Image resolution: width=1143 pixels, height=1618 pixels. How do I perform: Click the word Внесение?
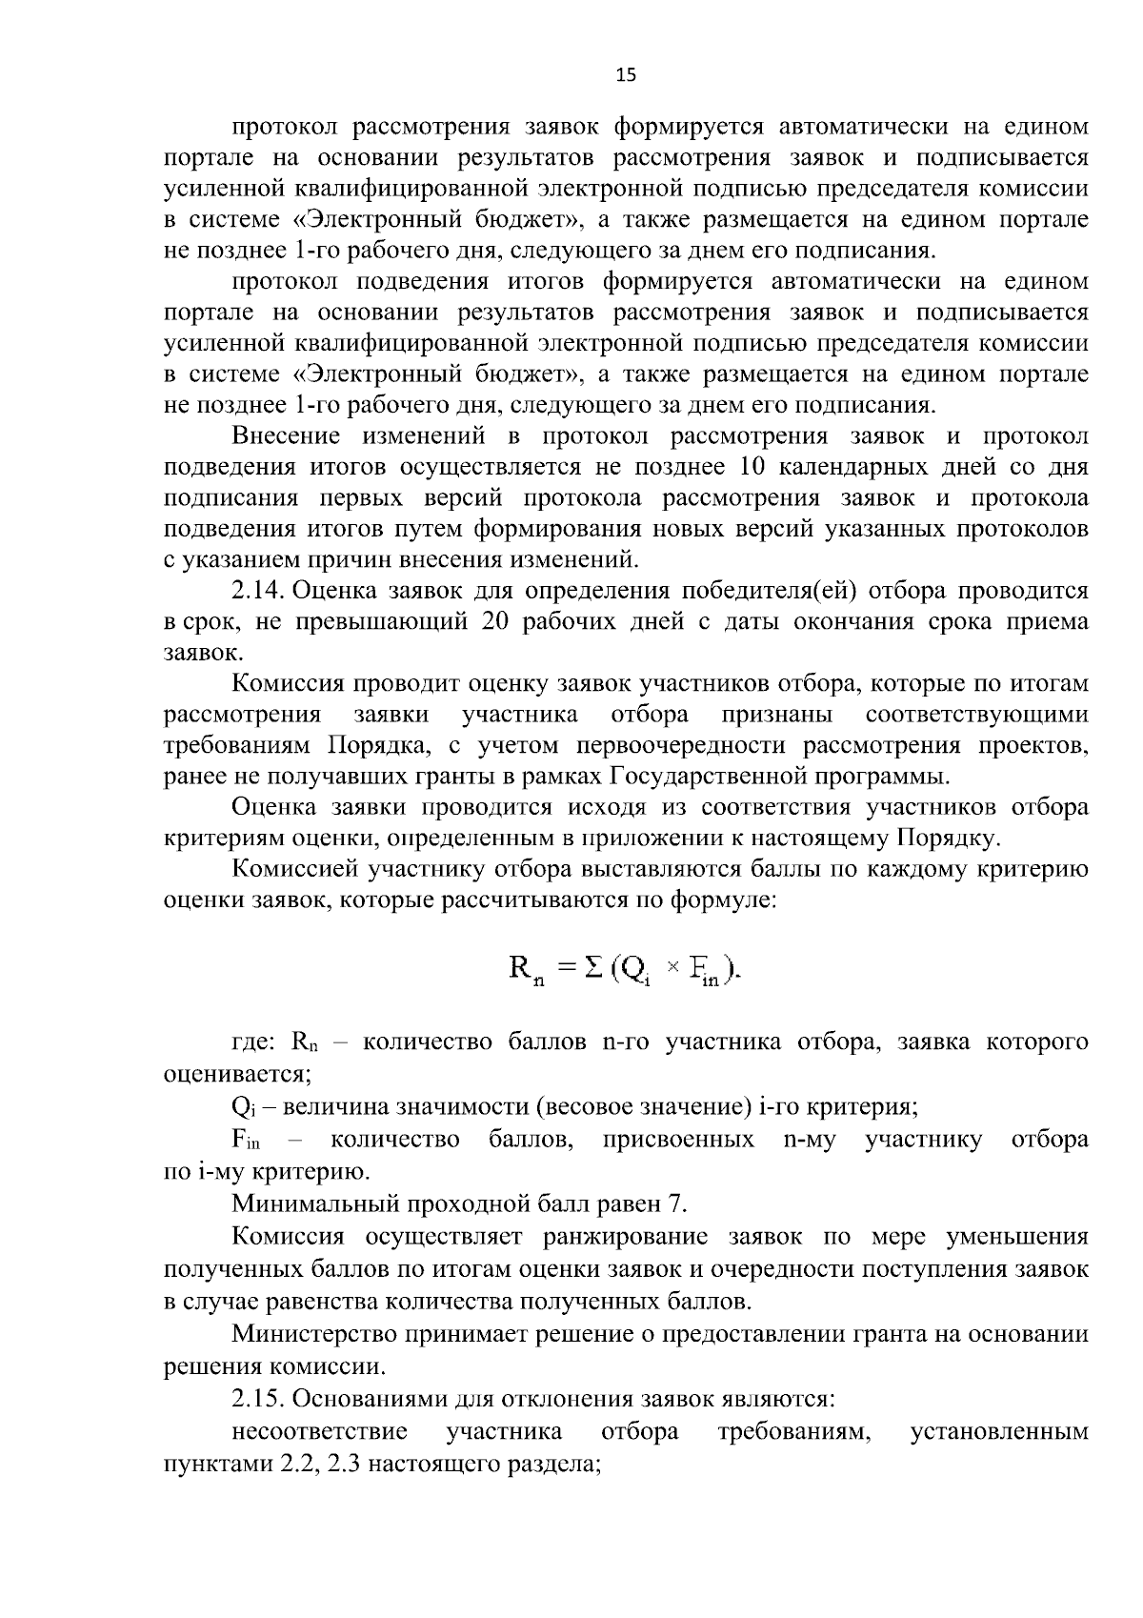coord(286,436)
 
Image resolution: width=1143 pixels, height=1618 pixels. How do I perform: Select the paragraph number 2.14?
coord(258,591)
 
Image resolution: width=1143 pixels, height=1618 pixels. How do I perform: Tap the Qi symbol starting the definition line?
coord(240,1108)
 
